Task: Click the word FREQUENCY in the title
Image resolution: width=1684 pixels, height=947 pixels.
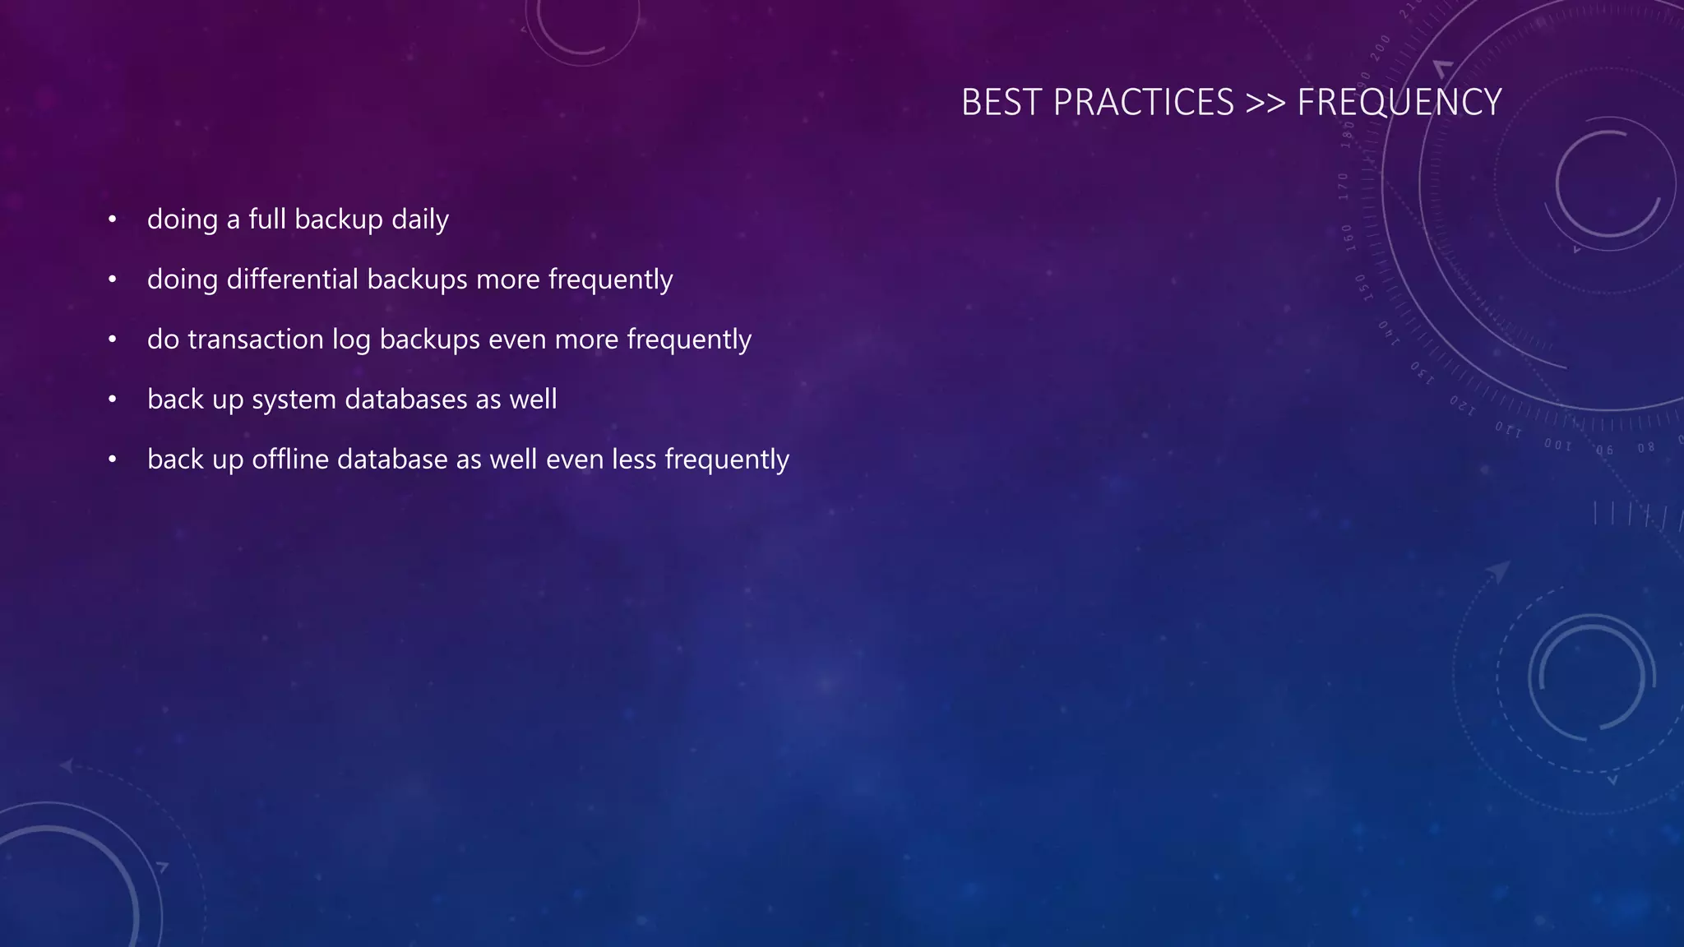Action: click(x=1399, y=103)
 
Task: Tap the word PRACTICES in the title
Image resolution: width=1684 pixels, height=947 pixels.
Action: click(x=1143, y=103)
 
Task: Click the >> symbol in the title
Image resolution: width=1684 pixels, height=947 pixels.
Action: click(x=1265, y=103)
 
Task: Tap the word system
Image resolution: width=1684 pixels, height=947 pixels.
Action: click(x=294, y=400)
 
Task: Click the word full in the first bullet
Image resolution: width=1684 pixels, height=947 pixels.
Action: click(x=267, y=219)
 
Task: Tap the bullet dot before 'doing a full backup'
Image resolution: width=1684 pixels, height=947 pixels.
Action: click(x=113, y=220)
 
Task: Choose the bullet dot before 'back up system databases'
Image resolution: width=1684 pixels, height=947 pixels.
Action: click(x=113, y=400)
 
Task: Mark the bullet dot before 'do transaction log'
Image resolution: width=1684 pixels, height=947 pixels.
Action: click(x=113, y=340)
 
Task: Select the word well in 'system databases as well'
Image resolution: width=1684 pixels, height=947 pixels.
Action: click(x=533, y=400)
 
